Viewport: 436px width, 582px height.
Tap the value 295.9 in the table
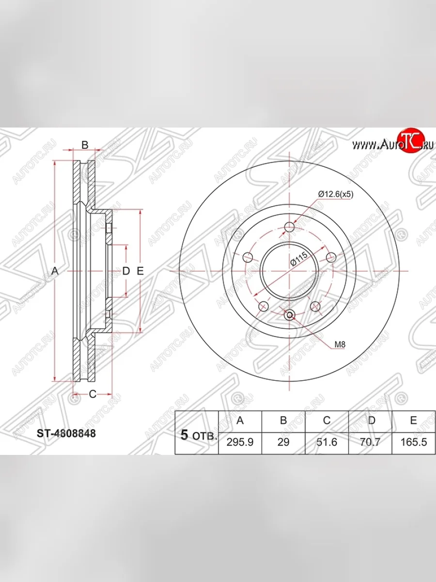tap(240, 442)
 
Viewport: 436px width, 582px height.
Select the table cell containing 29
tap(283, 442)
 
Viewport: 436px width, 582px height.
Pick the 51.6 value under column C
tap(327, 442)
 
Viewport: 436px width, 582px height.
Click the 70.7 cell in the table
tap(370, 442)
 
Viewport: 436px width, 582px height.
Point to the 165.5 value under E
tap(414, 442)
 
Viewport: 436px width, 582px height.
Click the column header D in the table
tap(372, 420)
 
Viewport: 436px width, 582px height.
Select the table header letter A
tap(240, 420)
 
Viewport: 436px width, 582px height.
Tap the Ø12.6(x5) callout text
tap(336, 194)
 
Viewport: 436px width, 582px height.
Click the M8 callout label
tap(340, 344)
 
